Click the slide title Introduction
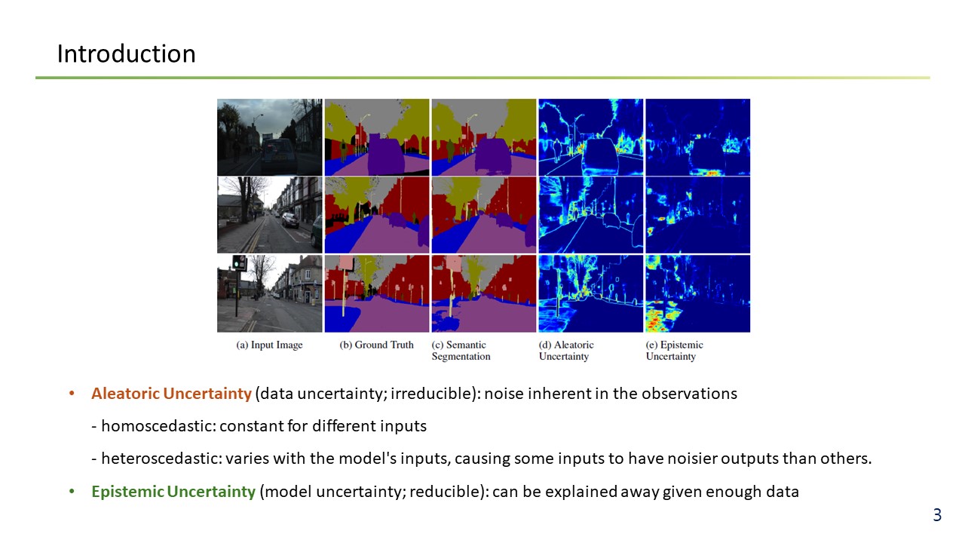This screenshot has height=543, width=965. click(126, 54)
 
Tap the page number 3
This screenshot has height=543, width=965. click(937, 515)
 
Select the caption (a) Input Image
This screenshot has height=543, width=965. click(269, 345)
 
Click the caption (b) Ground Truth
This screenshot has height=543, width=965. click(376, 345)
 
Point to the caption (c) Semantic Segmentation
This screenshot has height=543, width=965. click(461, 351)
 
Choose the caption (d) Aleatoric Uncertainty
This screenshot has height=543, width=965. click(566, 351)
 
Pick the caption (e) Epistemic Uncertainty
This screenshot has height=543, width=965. click(674, 351)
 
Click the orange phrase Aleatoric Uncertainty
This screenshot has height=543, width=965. click(171, 394)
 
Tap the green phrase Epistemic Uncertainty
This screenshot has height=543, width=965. click(173, 492)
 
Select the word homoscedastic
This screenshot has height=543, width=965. click(158, 426)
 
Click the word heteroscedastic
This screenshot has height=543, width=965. click(161, 459)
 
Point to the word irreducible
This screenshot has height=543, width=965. click(431, 394)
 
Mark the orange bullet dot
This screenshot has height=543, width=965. click(72, 394)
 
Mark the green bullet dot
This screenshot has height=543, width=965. click(72, 491)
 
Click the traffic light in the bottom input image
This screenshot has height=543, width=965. click(239, 262)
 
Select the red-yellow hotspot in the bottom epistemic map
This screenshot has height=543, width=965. click(658, 317)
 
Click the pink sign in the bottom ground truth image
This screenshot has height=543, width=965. click(347, 263)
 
